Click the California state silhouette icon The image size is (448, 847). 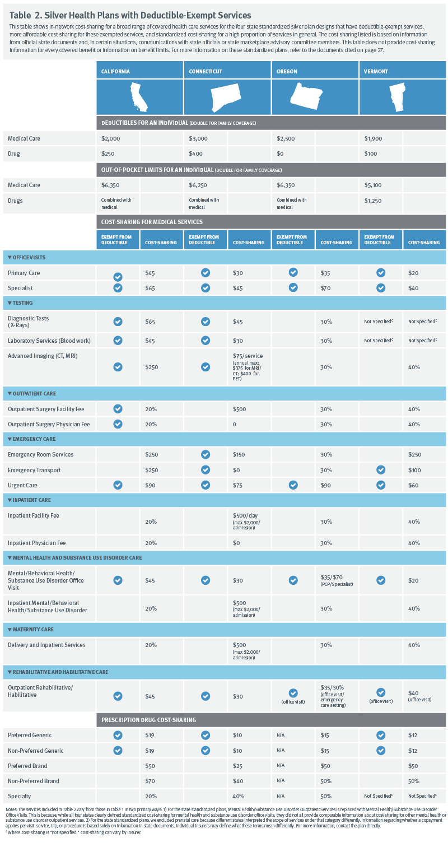pyautogui.click(x=139, y=96)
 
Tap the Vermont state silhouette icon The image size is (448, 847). pyautogui.click(x=398, y=97)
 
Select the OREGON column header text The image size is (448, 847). pyautogui.click(x=287, y=72)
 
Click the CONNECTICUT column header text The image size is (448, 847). pyautogui.click(x=206, y=72)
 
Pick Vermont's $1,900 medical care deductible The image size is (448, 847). pyautogui.click(x=373, y=139)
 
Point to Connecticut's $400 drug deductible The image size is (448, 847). pyautogui.click(x=195, y=154)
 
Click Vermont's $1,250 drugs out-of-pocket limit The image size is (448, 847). pyautogui.click(x=373, y=201)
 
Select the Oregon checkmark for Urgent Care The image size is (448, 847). pyautogui.click(x=293, y=485)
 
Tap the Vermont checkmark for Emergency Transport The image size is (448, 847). pyautogui.click(x=381, y=469)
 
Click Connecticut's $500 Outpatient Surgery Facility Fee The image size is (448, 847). pyautogui.click(x=239, y=409)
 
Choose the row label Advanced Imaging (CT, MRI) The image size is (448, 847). pyautogui.click(x=43, y=356)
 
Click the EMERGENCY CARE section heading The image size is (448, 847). pyautogui.click(x=34, y=439)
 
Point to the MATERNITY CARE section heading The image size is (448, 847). pyautogui.click(x=33, y=630)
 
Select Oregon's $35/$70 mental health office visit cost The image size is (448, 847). pyautogui.click(x=332, y=578)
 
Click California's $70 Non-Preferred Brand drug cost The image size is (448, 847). pyautogui.click(x=150, y=781)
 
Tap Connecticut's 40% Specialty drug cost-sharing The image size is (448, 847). pyautogui.click(x=238, y=796)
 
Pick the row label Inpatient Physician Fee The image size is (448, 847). pyautogui.click(x=36, y=543)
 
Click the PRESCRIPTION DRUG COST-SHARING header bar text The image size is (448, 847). pyautogui.click(x=148, y=720)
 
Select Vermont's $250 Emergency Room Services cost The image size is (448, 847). pyautogui.click(x=415, y=454)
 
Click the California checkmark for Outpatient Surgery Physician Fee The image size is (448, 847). pyautogui.click(x=118, y=424)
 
